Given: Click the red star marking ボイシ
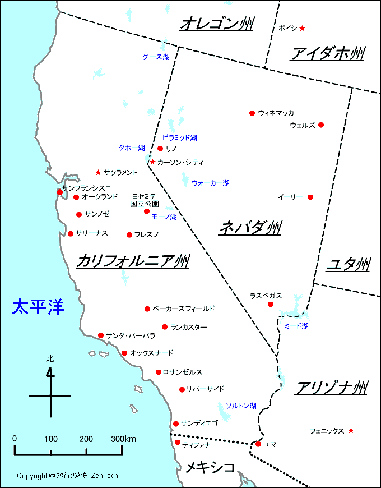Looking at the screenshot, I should pyautogui.click(x=302, y=28).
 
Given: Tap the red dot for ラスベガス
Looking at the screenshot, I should pyautogui.click(x=271, y=304).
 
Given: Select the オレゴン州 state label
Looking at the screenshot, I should pyautogui.click(x=217, y=25).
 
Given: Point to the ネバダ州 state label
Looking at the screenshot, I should pyautogui.click(x=249, y=227).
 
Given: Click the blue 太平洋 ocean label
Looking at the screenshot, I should pyautogui.click(x=38, y=307).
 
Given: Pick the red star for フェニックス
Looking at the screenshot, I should pyautogui.click(x=351, y=430).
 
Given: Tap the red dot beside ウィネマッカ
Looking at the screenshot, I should pyautogui.click(x=252, y=113).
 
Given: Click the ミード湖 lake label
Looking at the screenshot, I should pyautogui.click(x=296, y=326).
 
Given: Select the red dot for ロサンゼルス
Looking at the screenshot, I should pyautogui.click(x=159, y=372).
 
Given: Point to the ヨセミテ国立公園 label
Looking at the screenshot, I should pyautogui.click(x=145, y=200).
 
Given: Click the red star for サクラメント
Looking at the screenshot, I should pyautogui.click(x=99, y=172).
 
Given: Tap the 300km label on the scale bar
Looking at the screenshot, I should pyautogui.click(x=123, y=439).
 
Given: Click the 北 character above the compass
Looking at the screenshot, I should pyautogui.click(x=50, y=358).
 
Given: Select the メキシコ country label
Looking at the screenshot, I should pyautogui.click(x=210, y=467).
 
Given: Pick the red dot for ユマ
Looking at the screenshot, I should pyautogui.click(x=258, y=444).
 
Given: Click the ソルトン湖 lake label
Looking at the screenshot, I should pyautogui.click(x=241, y=406).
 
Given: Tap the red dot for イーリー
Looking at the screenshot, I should pyautogui.click(x=310, y=197).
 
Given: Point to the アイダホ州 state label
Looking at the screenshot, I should pyautogui.click(x=328, y=54).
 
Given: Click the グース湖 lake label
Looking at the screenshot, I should pyautogui.click(x=156, y=57).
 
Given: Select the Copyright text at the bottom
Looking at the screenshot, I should pyautogui.click(x=67, y=476).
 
